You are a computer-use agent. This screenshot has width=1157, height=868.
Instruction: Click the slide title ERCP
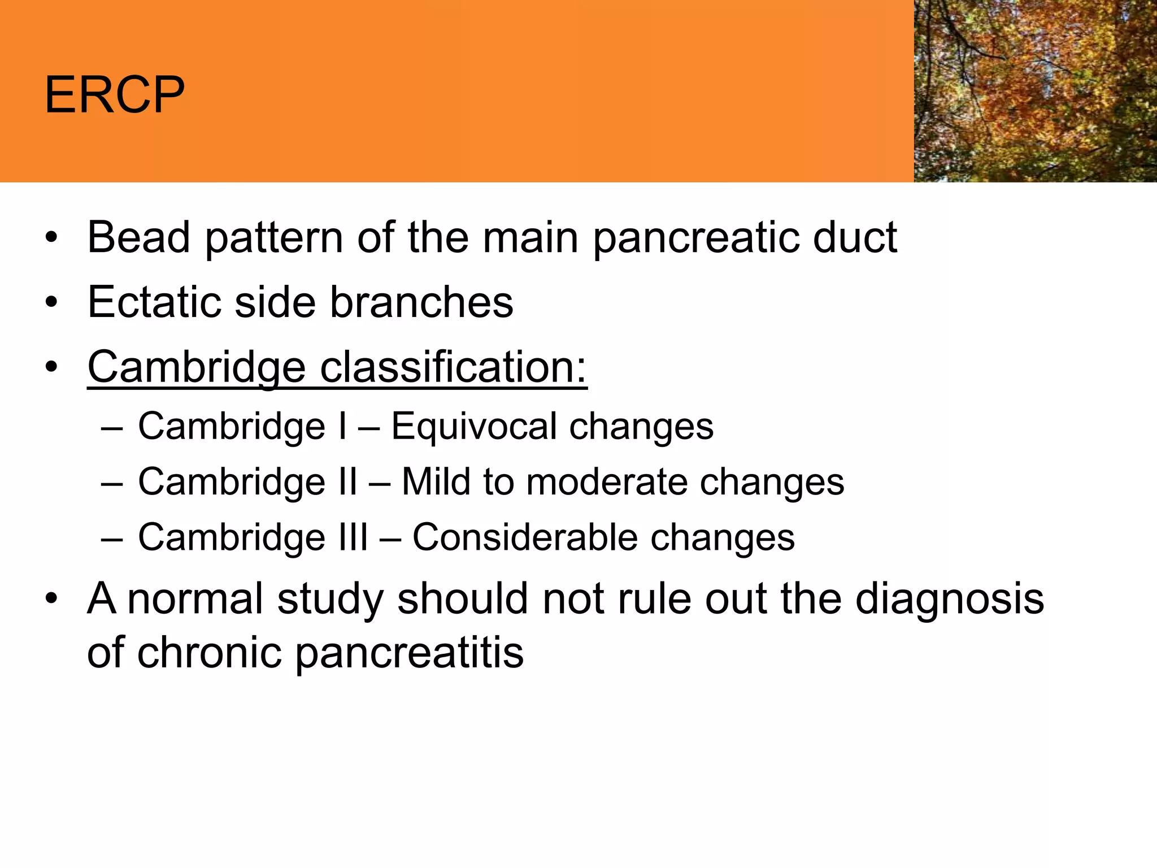tap(115, 94)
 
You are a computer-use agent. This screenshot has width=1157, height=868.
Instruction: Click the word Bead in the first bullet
tap(138, 237)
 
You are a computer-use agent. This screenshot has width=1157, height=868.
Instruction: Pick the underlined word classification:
tap(454, 368)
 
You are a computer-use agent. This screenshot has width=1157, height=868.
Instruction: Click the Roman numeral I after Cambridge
tap(342, 426)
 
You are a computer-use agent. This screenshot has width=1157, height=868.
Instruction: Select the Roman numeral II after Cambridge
tap(347, 482)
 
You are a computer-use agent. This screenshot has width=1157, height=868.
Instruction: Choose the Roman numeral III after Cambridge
tap(353, 537)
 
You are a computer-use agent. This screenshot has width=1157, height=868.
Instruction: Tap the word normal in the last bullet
tap(195, 599)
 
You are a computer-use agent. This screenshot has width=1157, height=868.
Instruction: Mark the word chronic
tap(209, 653)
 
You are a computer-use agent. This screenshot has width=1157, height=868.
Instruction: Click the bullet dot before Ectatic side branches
tap(51, 303)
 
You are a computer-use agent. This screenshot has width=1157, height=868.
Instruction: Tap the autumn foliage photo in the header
tap(1035, 90)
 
